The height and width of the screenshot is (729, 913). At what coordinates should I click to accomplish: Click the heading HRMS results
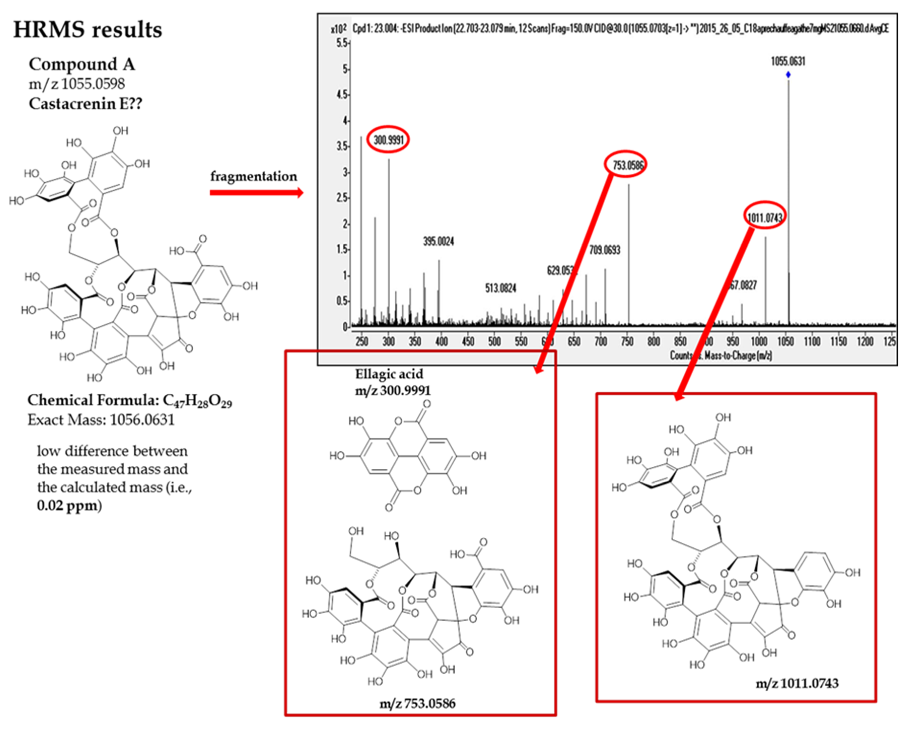[88, 30]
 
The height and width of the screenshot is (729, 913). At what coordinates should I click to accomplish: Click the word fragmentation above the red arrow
[254, 176]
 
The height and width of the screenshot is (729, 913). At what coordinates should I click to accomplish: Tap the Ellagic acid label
[389, 374]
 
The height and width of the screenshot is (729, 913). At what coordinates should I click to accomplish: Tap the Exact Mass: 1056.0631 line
[101, 420]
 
